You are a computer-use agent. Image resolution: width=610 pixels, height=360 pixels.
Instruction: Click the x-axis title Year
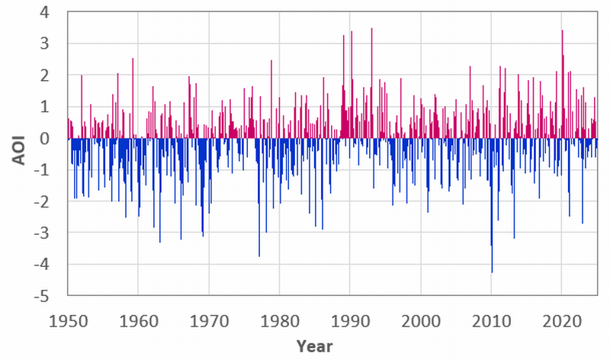(315, 346)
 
